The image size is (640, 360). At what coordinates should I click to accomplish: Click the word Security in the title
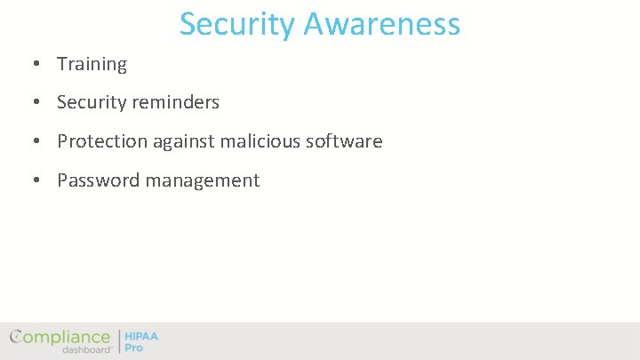tap(237, 24)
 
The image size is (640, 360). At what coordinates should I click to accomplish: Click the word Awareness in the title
tap(382, 24)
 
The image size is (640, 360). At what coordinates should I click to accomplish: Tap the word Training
tap(92, 64)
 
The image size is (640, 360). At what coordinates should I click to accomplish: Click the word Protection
tap(101, 141)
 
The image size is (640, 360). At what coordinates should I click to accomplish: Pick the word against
tap(184, 141)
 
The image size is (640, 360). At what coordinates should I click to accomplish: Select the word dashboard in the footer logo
tap(86, 349)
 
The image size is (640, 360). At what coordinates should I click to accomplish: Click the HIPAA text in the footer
tap(141, 337)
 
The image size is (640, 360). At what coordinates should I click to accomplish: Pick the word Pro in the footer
tap(133, 348)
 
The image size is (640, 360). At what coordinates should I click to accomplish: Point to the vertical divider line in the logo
tap(118, 341)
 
